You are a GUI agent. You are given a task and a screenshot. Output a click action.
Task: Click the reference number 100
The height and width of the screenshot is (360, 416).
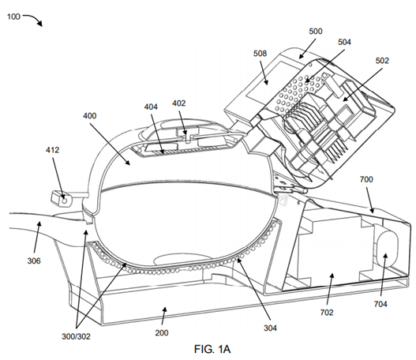[13, 17]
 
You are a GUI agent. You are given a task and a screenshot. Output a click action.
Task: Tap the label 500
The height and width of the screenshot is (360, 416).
[316, 32]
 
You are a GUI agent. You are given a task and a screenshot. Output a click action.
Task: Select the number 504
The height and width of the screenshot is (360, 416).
[344, 42]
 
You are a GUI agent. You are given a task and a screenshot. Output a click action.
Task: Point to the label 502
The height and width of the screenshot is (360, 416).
[382, 61]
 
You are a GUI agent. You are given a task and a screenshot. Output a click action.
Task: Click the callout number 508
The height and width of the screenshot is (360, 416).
[260, 54]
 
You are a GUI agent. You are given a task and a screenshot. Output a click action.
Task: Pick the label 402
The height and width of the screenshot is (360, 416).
[179, 103]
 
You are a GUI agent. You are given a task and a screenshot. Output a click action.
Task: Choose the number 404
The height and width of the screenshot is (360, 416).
[151, 107]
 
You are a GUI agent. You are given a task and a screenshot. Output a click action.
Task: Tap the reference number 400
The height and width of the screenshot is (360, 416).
[90, 116]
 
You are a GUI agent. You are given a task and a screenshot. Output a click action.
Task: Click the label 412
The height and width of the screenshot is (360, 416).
[52, 150]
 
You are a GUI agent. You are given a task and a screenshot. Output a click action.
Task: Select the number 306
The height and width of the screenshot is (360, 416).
[34, 261]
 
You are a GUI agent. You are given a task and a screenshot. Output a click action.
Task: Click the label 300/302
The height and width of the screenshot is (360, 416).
[76, 336]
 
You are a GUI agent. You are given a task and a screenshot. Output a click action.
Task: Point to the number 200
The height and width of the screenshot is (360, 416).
[162, 332]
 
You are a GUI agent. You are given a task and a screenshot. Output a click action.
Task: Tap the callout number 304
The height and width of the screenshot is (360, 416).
[270, 328]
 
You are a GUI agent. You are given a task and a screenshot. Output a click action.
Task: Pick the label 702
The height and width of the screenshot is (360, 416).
[327, 313]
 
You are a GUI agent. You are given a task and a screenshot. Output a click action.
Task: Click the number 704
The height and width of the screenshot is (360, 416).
[380, 304]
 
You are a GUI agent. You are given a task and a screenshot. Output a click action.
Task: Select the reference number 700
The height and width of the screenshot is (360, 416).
[366, 179]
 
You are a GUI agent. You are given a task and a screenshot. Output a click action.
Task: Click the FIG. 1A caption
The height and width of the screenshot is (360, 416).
[212, 349]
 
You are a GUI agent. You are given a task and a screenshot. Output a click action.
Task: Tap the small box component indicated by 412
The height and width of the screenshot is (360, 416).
[61, 199]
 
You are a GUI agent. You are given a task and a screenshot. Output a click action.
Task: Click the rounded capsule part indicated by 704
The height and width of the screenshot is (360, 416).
[387, 249]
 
